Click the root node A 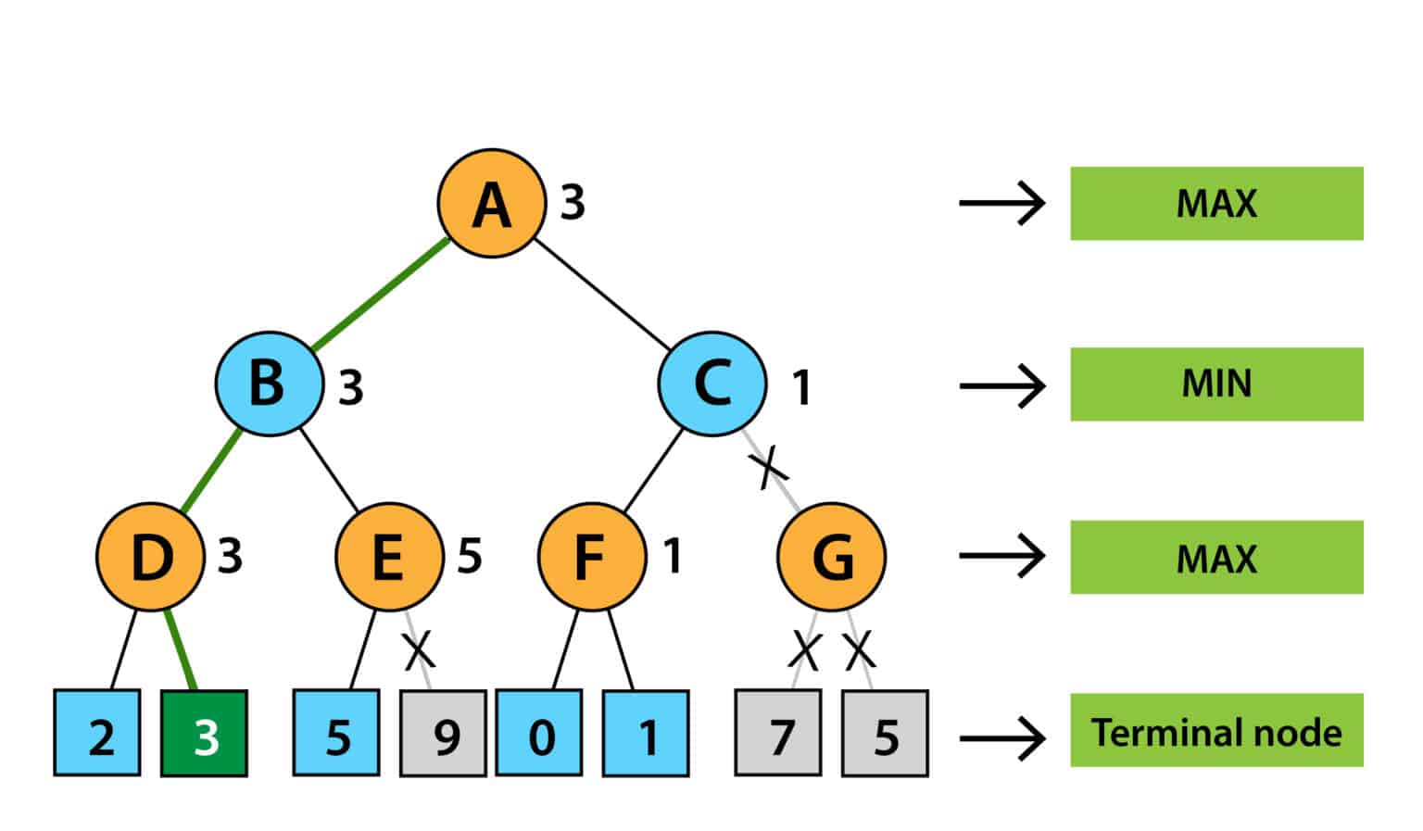pos(491,203)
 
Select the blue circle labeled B pos(269,384)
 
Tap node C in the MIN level pos(711,384)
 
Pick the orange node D pos(150,557)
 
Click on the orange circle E pos(389,557)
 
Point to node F pos(591,557)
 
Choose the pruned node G pos(831,557)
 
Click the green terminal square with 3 pos(204,733)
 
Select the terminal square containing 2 pos(97,733)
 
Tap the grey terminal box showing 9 pos(443,733)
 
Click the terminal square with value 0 pos(539,733)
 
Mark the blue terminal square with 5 pos(336,733)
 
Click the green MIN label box pos(1216,384)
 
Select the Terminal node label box pos(1216,730)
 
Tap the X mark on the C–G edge pos(769,465)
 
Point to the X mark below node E pos(419,650)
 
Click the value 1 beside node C pos(801,387)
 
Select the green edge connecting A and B pos(380,295)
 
